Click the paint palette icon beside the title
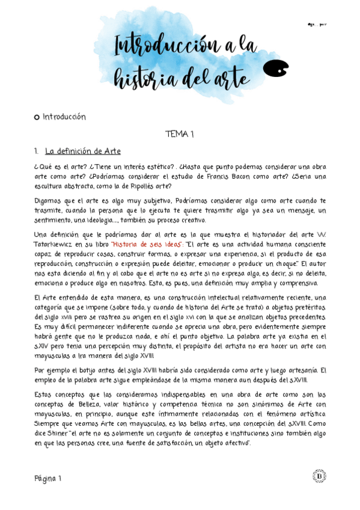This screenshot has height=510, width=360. coord(276,69)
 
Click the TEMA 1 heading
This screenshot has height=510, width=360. coord(179,135)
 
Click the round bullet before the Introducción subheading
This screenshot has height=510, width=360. coord(37,117)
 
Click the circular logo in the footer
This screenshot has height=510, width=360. coord(319,476)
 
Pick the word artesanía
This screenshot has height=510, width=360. coord(301,370)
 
